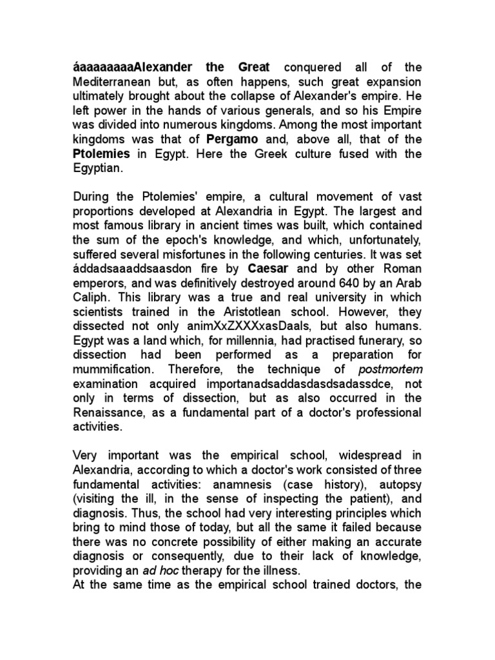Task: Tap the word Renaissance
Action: point(111,412)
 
